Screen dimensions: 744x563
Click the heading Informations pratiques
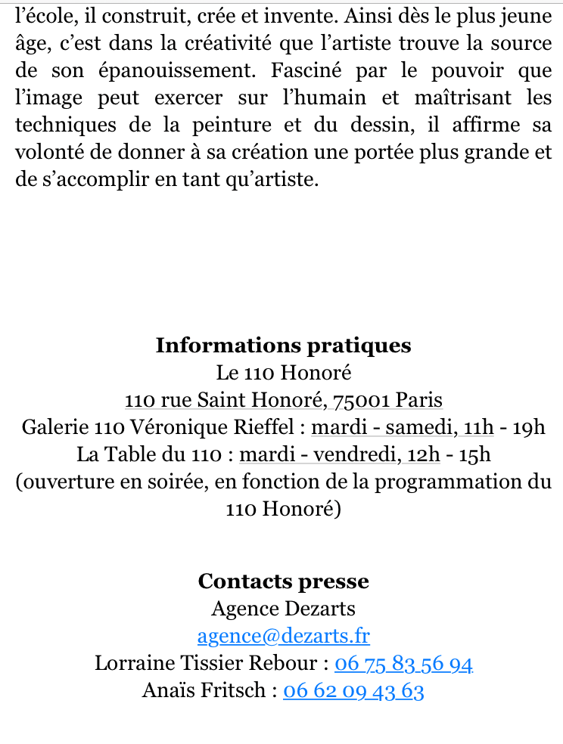click(x=283, y=346)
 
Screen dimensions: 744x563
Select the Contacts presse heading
click(x=283, y=581)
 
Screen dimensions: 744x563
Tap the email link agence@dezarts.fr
click(x=283, y=636)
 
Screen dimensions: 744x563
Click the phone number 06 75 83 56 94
click(x=403, y=663)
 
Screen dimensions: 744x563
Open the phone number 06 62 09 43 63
click(x=353, y=690)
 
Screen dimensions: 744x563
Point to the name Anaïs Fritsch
click(x=204, y=690)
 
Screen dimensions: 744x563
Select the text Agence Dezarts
click(x=283, y=609)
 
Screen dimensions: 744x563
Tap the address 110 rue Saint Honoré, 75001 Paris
click(x=283, y=400)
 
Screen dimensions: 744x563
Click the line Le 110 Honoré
click(x=283, y=373)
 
